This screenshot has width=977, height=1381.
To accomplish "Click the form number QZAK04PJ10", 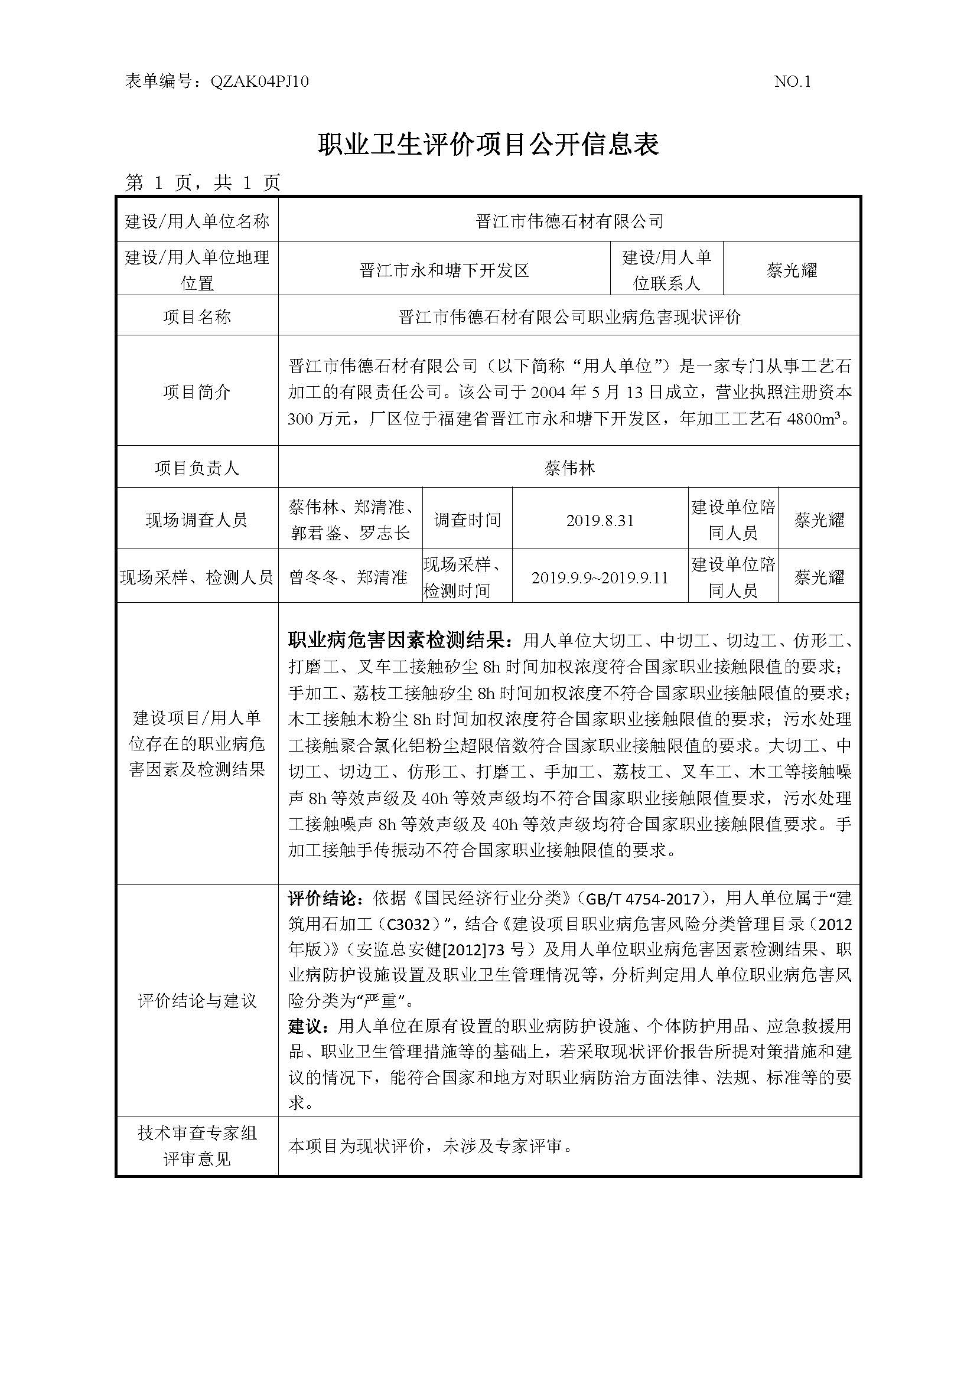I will click(259, 82).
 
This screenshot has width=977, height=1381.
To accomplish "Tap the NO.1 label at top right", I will click(792, 82).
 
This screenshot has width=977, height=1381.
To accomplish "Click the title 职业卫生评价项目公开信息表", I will click(488, 144).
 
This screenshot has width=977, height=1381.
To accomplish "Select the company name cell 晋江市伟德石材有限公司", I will click(569, 221).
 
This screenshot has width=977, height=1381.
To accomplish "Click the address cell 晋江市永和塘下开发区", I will click(444, 270).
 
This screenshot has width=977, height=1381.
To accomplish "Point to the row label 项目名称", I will click(197, 317).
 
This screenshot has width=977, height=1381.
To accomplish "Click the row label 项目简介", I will click(197, 392).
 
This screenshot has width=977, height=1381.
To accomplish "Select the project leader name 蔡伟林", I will click(569, 468).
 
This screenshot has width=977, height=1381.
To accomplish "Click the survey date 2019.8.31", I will click(600, 520).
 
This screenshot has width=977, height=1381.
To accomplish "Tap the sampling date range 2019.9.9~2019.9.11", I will click(600, 578).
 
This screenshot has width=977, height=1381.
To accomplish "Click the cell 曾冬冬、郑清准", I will click(349, 578).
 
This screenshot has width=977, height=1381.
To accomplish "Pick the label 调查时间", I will click(467, 520).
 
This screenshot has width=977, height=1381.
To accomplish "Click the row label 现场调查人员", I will click(197, 520).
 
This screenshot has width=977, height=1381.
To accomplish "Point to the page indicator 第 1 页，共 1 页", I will click(203, 182).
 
